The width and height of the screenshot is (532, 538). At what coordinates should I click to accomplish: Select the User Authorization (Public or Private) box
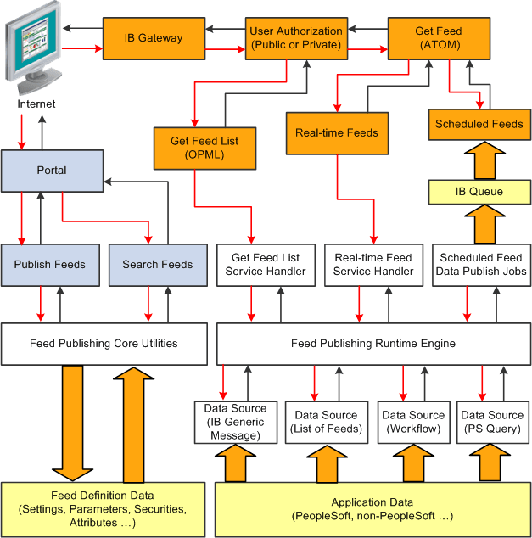click(x=296, y=38)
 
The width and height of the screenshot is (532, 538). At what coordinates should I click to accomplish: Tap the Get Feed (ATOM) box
click(x=438, y=38)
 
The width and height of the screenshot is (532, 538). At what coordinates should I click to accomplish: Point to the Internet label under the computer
click(x=36, y=104)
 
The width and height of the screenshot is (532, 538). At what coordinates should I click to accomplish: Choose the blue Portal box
click(x=52, y=170)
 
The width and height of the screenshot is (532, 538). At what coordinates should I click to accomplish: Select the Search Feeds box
click(x=158, y=264)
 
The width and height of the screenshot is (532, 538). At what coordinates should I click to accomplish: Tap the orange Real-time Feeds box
click(x=337, y=132)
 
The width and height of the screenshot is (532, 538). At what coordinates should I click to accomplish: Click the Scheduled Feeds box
click(x=479, y=124)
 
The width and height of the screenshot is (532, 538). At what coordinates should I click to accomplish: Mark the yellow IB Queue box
click(x=479, y=192)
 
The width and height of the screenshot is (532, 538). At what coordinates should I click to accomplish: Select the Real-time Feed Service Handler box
click(x=373, y=264)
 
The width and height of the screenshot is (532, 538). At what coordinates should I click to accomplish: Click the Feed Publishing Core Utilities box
click(x=104, y=344)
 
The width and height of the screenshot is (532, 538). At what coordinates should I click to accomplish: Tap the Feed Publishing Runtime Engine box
click(x=373, y=344)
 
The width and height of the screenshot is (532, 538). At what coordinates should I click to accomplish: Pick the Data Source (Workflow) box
click(x=413, y=422)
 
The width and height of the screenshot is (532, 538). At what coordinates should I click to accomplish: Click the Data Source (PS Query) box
click(x=492, y=422)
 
